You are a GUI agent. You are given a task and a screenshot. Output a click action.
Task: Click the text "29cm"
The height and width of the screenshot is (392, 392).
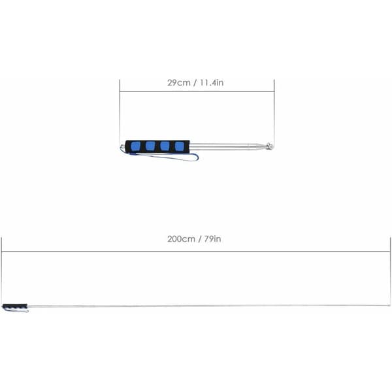tap(179, 83)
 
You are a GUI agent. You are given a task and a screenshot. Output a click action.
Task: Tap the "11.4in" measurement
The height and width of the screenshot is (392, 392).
tap(212, 83)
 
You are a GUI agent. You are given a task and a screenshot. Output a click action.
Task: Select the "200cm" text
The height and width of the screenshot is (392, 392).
tap(181, 239)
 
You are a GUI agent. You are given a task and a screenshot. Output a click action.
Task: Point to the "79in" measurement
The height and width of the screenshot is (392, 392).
tap(212, 239)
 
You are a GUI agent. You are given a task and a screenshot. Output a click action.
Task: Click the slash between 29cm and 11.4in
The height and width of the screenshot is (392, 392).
tap(195, 83)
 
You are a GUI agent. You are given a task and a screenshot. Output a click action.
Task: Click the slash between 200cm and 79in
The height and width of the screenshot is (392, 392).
tap(200, 239)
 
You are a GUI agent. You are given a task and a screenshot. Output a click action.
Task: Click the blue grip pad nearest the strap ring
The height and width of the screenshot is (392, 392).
tap(135, 146)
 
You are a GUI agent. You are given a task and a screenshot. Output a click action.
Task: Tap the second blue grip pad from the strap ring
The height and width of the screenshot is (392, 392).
tap(150, 146)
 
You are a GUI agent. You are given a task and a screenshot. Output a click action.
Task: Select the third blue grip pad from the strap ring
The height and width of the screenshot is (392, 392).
tap(165, 146)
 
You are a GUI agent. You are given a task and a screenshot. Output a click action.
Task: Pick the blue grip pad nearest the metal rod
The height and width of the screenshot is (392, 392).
tap(179, 146)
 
